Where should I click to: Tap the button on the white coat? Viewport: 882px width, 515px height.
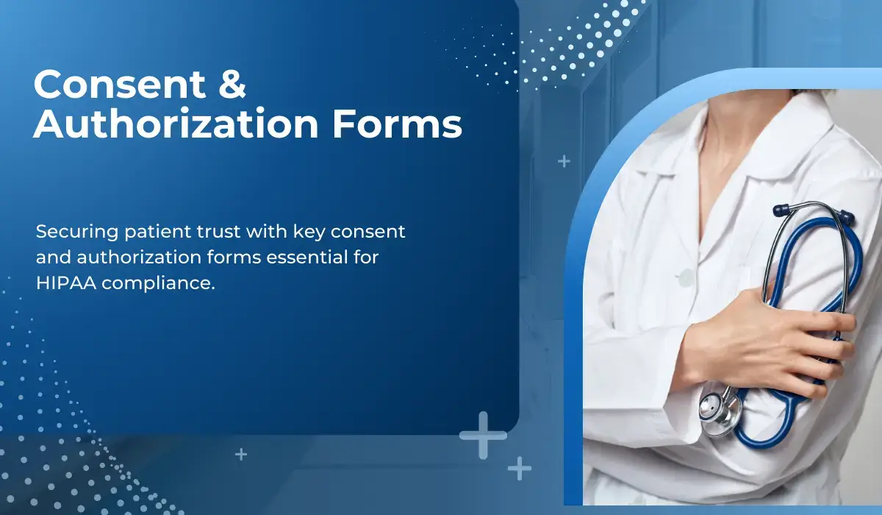point(686,277)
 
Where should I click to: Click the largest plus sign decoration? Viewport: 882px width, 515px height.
point(483,435)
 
